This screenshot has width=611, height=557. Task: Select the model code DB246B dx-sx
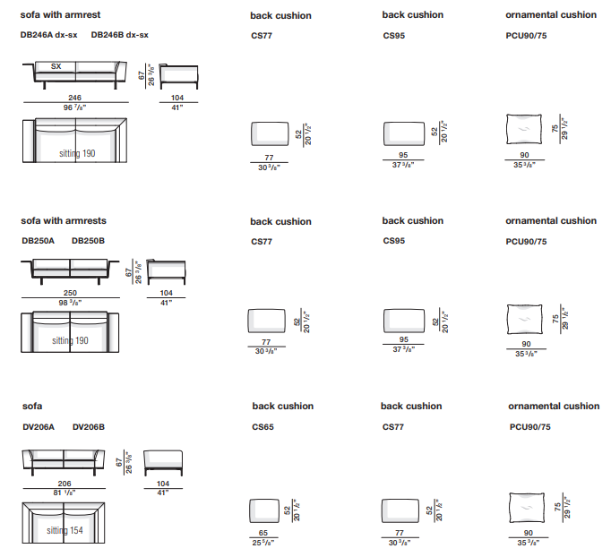(120, 35)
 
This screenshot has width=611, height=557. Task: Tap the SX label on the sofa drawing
(56, 66)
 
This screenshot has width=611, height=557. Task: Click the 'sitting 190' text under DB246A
(77, 153)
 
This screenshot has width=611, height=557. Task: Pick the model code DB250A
(39, 240)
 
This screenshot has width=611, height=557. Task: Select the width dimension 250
(71, 293)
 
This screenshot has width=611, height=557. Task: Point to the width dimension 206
(65, 483)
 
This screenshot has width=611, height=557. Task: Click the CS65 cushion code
(262, 427)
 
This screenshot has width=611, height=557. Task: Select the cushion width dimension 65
(263, 532)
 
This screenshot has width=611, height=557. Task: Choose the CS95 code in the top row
(394, 36)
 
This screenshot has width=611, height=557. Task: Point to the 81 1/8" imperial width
(65, 493)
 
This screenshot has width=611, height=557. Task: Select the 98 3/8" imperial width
(71, 303)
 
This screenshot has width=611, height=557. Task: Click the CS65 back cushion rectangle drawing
(263, 510)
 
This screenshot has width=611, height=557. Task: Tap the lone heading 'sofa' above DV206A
(32, 407)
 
